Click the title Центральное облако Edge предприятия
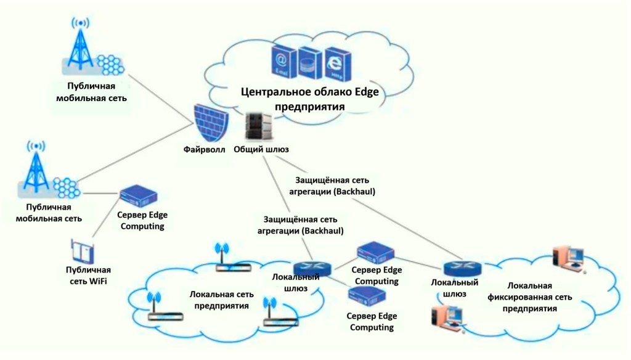pyautogui.click(x=309, y=99)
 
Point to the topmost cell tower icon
pyautogui.click(x=81, y=44)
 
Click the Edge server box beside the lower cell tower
pyautogui.click(x=138, y=197)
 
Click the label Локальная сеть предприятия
pyautogui.click(x=222, y=300)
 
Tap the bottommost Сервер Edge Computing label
pyautogui.click(x=372, y=322)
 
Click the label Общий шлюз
pyautogui.click(x=261, y=149)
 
